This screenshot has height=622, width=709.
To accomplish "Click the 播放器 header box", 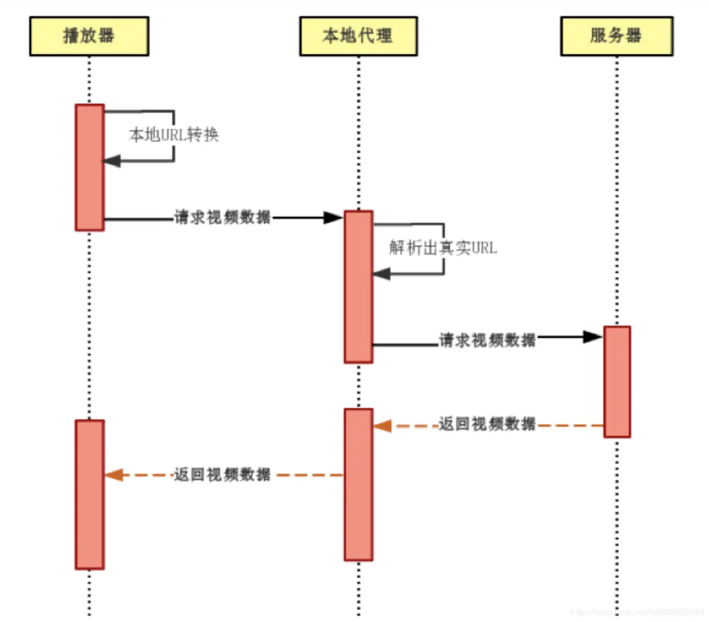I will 89,36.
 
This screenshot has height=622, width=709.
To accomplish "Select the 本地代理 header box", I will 359,36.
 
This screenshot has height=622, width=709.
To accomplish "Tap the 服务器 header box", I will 616,36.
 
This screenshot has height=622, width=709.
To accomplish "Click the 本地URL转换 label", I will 174,135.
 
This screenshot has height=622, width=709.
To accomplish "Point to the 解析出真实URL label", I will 443,248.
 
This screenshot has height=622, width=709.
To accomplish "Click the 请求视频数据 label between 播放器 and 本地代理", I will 222,217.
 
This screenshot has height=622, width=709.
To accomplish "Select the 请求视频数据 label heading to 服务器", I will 487,340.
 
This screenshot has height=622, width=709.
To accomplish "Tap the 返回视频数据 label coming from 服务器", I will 487,424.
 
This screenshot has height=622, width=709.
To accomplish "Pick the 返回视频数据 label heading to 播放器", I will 222,475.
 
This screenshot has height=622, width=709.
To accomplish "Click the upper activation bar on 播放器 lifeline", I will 90,168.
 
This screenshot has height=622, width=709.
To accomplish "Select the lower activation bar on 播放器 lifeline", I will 90,495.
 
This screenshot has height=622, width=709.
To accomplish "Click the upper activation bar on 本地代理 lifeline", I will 359,286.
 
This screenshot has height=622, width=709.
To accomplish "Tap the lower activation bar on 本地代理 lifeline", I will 359,484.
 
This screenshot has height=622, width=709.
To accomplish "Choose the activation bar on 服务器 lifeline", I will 617,382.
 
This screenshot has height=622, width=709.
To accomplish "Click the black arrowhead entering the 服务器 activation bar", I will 592,337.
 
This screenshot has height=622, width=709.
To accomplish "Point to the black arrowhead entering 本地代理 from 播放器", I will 333,218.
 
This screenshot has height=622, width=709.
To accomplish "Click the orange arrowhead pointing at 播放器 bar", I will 114,475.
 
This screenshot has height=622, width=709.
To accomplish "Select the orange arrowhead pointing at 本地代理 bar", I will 383,426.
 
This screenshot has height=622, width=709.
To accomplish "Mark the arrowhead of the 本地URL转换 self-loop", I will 111,161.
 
